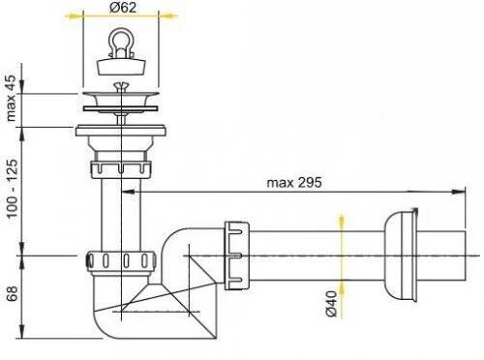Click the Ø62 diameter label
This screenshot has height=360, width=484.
tap(123, 8)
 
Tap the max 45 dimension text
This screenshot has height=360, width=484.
tap(11, 98)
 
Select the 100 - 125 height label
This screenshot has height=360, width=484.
tap(12, 189)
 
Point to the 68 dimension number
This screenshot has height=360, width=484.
tap(12, 293)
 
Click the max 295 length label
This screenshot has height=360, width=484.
tap(294, 183)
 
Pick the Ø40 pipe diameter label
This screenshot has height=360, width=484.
tap(331, 304)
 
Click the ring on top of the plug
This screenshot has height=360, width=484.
tap(121, 43)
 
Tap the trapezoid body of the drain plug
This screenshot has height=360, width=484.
tap(121, 67)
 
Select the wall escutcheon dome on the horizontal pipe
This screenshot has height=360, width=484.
tap(401, 255)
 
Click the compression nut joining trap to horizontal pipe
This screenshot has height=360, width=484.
tap(236, 255)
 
